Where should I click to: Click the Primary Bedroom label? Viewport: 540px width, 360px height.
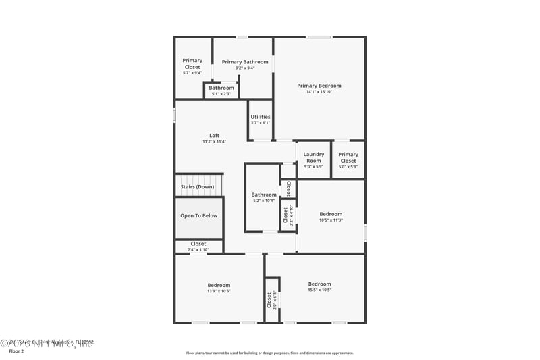click(x=319, y=86)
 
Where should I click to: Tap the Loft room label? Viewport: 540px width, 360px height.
click(x=214, y=136)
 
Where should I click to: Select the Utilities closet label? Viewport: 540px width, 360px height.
click(x=261, y=117)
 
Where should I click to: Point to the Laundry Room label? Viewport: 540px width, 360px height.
click(x=314, y=157)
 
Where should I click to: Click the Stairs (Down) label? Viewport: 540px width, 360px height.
click(x=197, y=187)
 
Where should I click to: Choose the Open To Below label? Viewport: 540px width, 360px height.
click(x=198, y=216)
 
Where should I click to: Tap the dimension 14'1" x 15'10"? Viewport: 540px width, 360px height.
click(x=319, y=92)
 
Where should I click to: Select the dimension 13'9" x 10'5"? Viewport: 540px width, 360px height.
click(x=219, y=291)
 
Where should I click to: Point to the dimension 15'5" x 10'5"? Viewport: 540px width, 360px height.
click(x=319, y=290)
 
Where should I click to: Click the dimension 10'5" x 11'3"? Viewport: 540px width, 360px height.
click(x=331, y=220)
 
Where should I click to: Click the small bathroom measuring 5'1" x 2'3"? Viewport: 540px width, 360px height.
click(x=221, y=91)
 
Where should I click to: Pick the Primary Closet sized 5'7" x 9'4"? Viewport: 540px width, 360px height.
click(x=192, y=66)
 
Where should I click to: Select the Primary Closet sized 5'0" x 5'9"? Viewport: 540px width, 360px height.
click(x=348, y=160)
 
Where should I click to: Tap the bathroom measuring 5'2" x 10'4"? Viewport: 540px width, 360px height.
click(x=264, y=197)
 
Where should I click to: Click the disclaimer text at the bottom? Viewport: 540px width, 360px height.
click(x=269, y=353)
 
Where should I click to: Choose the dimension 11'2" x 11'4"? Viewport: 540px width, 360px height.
click(x=214, y=142)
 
